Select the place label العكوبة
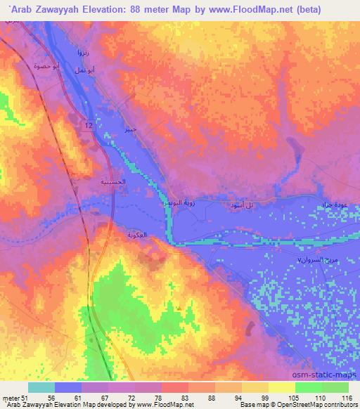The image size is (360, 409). [137, 235]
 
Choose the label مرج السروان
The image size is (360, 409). [308, 260]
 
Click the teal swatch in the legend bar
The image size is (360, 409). [41, 387]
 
